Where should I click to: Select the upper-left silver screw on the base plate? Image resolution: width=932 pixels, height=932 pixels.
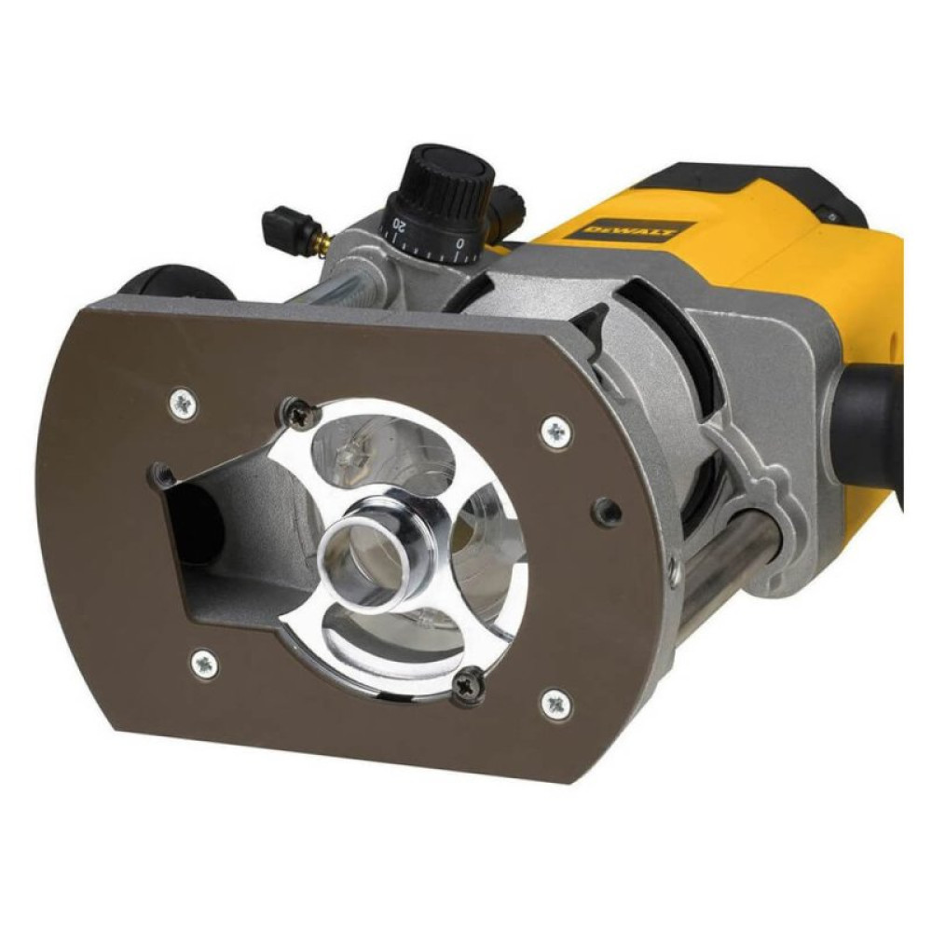click(x=183, y=404)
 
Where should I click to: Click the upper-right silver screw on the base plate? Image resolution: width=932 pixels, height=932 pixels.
click(x=556, y=431)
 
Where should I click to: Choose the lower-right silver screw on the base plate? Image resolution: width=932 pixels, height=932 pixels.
click(x=555, y=703)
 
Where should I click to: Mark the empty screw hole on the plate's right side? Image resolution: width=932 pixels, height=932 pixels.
click(x=608, y=510)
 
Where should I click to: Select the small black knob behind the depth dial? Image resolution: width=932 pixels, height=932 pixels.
click(x=509, y=199)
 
